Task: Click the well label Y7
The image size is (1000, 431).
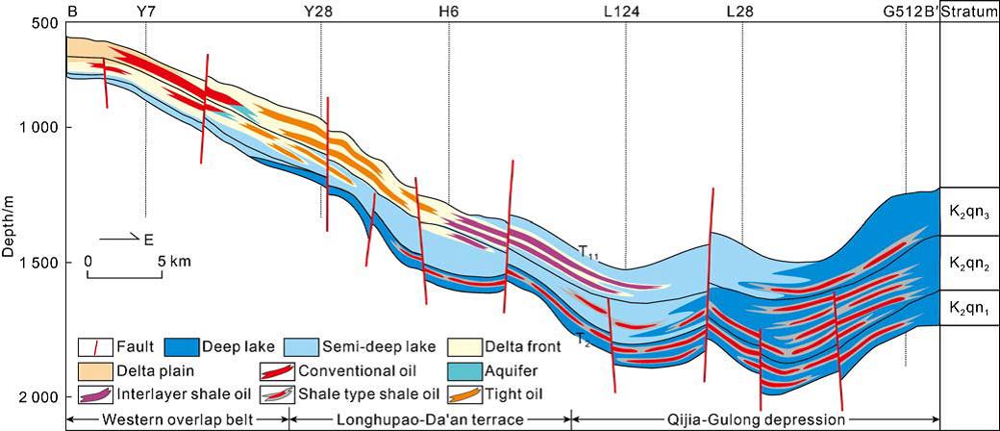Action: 146,11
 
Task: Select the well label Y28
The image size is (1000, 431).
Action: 319,11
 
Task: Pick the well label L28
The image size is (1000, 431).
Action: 741,11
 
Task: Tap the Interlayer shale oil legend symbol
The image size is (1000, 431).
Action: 95,393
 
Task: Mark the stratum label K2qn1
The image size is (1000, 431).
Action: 969,309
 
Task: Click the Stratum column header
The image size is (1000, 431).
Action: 969,11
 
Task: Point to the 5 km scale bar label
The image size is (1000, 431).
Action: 175,260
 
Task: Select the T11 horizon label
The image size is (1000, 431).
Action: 588,252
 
